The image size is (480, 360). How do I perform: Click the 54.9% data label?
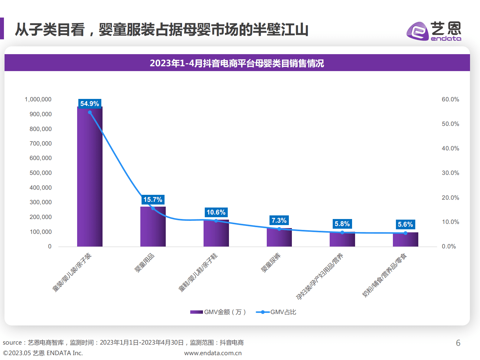click(x=90, y=103)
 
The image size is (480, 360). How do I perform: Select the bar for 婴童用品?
click(x=153, y=227)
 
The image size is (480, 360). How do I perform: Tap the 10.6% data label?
click(x=216, y=212)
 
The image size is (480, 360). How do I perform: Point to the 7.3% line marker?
click(x=279, y=229)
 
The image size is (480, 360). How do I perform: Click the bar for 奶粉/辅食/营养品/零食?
click(x=405, y=240)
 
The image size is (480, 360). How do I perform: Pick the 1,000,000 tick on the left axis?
click(x=38, y=99)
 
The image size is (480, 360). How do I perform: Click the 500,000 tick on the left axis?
click(x=41, y=173)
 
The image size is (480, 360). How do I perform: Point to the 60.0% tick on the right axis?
click(x=450, y=99)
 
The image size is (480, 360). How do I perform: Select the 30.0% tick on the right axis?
click(x=450, y=173)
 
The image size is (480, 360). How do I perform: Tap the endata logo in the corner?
click(x=434, y=31)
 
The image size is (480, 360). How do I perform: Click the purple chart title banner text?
click(x=237, y=63)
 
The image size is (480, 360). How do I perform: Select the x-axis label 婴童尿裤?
click(x=271, y=263)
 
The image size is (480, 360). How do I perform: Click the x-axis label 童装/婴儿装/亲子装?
click(x=72, y=272)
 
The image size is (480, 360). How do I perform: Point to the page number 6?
click(x=458, y=343)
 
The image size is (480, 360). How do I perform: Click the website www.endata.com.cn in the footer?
click(x=213, y=353)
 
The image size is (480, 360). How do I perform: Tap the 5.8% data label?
click(x=342, y=224)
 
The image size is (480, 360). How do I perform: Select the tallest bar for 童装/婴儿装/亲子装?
click(x=90, y=182)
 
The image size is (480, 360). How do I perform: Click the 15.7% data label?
click(x=153, y=199)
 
